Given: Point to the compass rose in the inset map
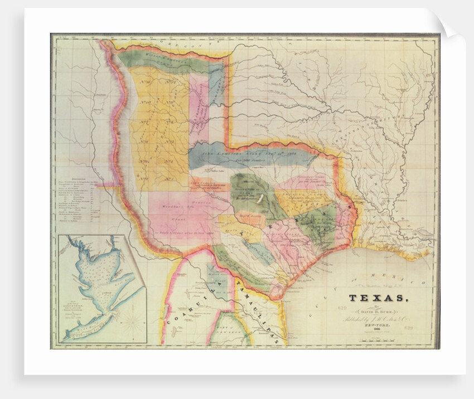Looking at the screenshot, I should (132, 322).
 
